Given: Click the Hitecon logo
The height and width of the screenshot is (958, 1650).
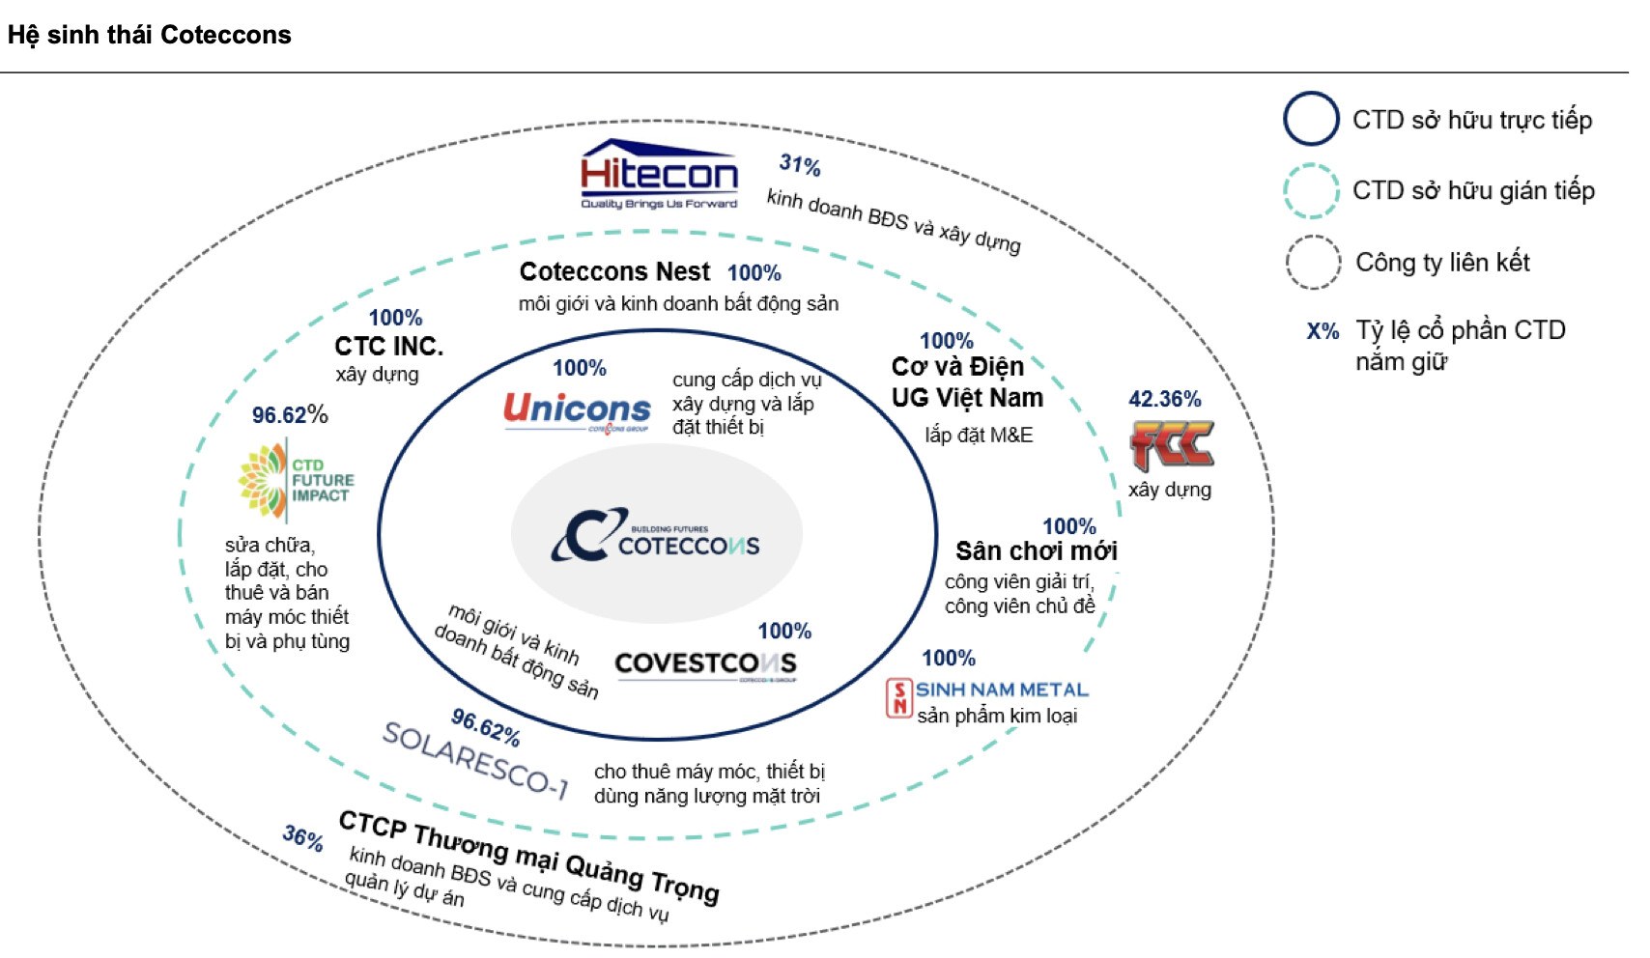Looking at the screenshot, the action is click(659, 175).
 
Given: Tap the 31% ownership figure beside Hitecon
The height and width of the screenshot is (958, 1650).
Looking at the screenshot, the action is click(800, 165).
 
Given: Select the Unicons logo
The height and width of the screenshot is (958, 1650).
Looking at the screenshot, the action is click(577, 412).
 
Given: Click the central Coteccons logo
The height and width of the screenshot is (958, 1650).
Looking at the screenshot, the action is click(656, 535).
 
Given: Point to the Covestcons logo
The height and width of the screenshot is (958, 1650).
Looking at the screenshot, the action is click(705, 665).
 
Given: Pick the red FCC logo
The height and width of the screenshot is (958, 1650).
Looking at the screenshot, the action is click(1172, 445).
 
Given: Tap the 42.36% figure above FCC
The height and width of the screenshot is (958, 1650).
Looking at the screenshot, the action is click(1165, 399).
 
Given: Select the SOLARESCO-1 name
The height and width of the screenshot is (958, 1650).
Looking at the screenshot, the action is click(476, 761).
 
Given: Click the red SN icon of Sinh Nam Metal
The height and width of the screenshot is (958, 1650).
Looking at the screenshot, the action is click(898, 697).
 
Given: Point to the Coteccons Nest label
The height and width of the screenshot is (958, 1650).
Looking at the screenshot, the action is click(614, 271).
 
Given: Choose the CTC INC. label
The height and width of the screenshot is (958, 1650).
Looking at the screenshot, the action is click(388, 346).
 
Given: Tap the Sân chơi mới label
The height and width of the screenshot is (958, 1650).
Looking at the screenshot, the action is click(1036, 550).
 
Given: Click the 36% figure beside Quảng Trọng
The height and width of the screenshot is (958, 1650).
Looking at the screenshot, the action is click(302, 837).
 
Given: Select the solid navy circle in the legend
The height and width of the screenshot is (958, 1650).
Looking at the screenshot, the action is click(1311, 119).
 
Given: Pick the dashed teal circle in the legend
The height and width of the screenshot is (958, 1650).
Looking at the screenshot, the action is click(1311, 190).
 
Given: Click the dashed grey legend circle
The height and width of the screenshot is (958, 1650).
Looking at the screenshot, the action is click(1313, 262).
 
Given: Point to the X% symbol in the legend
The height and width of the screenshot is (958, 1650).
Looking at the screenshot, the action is click(1323, 331).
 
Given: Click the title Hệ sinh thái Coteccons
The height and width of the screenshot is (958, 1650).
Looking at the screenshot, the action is click(150, 36).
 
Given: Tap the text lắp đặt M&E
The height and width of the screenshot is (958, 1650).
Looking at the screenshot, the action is click(979, 436).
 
